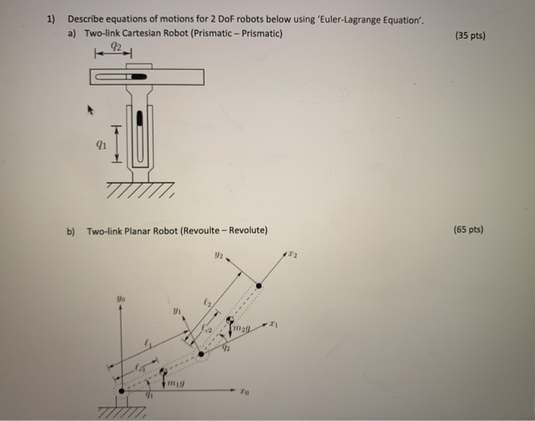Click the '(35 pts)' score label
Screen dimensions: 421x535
pos(469,35)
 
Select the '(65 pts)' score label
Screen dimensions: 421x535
pos(469,229)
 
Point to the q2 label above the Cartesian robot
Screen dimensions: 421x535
pos(115,47)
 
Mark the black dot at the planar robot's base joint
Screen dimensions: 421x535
pos(121,390)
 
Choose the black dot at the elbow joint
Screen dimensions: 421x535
pos(201,354)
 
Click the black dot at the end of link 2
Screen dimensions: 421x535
pos(258,286)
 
